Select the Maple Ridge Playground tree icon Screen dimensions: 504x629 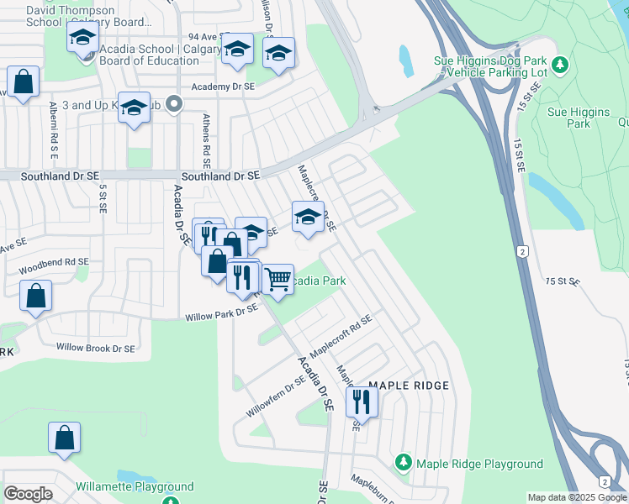point(404,464)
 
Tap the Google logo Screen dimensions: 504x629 point(29,493)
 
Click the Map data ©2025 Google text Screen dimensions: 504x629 point(576,498)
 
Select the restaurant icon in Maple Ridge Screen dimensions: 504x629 point(362,401)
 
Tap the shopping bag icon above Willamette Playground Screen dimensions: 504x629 point(65,438)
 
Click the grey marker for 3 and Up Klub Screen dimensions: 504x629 point(174,104)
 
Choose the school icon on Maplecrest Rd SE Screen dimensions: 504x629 point(308,217)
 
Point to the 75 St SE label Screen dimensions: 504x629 point(563,281)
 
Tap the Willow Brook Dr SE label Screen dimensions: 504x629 point(95,347)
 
